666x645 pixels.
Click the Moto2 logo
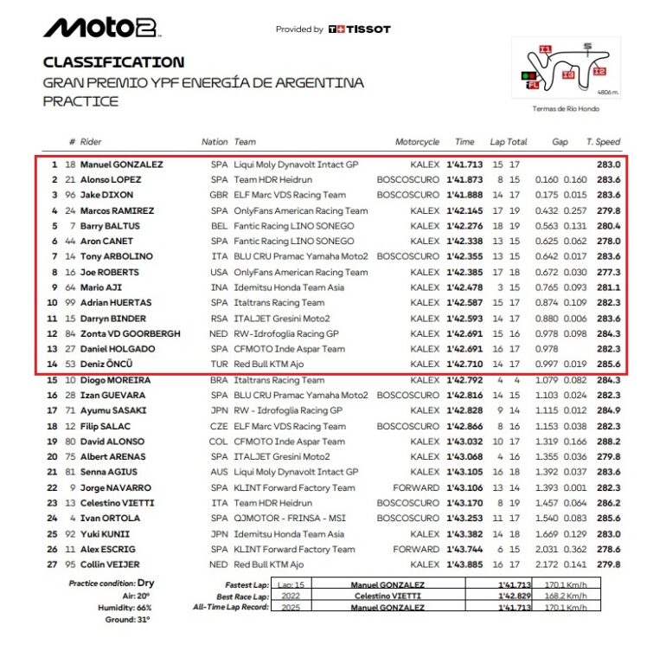coord(101,28)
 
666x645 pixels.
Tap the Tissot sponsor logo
coord(359,29)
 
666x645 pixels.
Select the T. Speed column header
coord(603,142)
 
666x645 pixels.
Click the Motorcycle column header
coord(417,142)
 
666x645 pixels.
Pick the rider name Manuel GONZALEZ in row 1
coord(122,164)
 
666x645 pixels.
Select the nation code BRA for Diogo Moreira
coord(219,380)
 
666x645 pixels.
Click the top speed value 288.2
coord(609,441)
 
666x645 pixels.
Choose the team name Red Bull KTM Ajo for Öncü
coord(269,364)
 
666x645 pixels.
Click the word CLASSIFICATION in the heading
coord(113,62)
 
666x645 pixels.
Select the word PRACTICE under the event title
coord(80,101)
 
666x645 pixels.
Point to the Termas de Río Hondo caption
coord(566,109)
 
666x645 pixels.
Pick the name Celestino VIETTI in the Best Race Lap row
coord(387,596)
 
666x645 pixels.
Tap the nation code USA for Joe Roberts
coord(219,272)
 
